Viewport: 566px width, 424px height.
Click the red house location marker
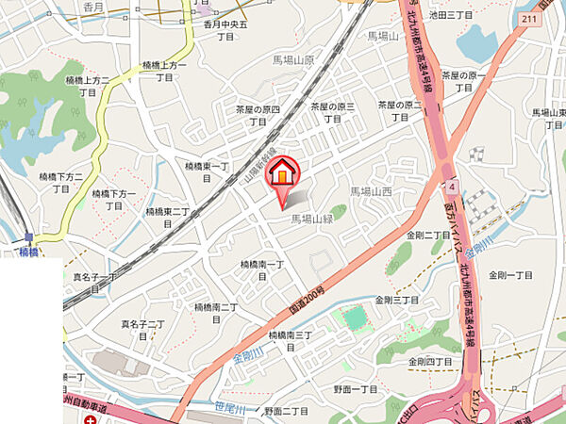pyautogui.click(x=282, y=174)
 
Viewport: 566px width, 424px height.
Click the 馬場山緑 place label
pyautogui.click(x=314, y=218)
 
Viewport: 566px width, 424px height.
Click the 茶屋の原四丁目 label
pyautogui.click(x=258, y=114)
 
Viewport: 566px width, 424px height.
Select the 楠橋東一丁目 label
pyautogui.click(x=208, y=171)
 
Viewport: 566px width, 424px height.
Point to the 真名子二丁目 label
pyautogui.click(x=142, y=330)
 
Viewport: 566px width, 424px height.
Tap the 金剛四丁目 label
pyautogui.click(x=430, y=361)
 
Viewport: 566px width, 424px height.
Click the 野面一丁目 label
pyautogui.click(x=355, y=388)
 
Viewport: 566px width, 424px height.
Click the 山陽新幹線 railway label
pyautogui.click(x=264, y=159)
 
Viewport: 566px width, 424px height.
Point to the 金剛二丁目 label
pyautogui.click(x=428, y=235)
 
